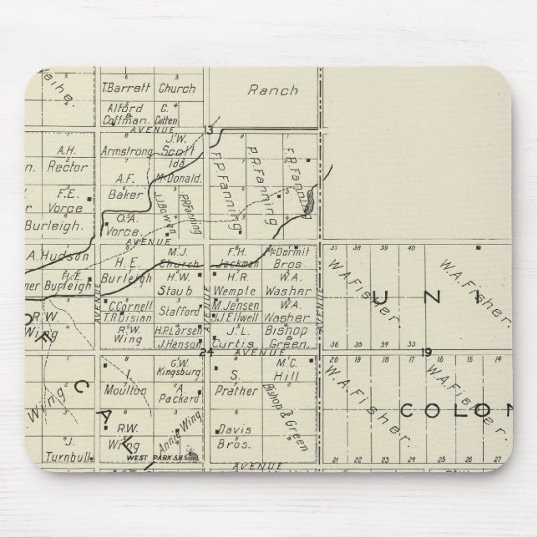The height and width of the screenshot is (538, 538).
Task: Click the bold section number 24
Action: (x=207, y=353)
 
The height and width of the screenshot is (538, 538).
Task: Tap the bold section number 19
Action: (x=427, y=352)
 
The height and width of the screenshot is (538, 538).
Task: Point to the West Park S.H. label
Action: (x=157, y=457)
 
